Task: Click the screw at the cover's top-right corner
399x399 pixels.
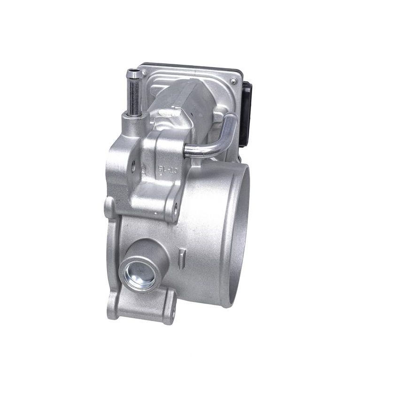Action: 233,81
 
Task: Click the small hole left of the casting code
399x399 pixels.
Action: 133,165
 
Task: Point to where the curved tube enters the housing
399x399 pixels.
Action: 188,151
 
